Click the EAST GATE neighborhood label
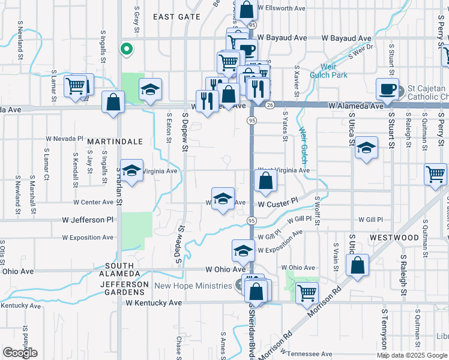[x=176, y=17]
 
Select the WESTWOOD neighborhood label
[x=394, y=238]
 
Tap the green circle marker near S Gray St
[x=127, y=49]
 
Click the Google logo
[x=20, y=353]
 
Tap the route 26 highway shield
[x=270, y=106]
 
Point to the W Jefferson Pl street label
[x=88, y=220]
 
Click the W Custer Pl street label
[x=278, y=204]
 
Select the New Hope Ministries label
[x=193, y=286]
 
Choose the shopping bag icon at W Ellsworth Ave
[x=246, y=10]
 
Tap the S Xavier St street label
[x=297, y=81]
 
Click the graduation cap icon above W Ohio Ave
[x=243, y=250]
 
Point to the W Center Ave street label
[x=94, y=203]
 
